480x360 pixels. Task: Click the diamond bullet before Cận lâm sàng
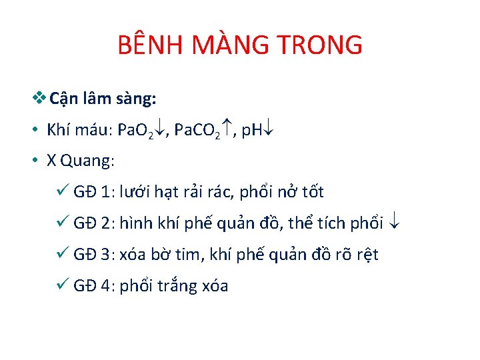39,99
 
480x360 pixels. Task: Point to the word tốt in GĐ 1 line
311,192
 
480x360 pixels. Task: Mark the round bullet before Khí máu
33,130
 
